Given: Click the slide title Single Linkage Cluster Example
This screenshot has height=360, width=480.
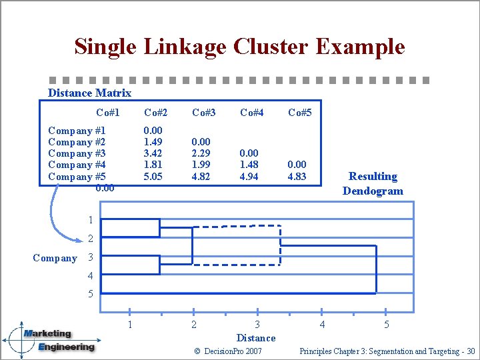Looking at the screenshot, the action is pyautogui.click(x=239, y=47).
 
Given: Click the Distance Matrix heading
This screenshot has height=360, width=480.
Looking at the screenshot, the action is pyautogui.click(x=89, y=93).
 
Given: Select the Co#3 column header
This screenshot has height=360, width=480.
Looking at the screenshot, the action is pyautogui.click(x=203, y=113).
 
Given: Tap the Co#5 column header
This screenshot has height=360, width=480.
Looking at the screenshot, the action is pyautogui.click(x=299, y=113).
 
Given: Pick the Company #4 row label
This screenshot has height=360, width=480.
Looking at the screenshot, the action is pyautogui.click(x=77, y=165).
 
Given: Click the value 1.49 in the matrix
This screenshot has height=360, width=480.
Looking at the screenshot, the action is pyautogui.click(x=153, y=142).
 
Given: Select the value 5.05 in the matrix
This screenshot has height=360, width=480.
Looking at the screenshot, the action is pyautogui.click(x=153, y=177).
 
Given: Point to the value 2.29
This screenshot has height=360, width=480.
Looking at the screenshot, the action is pyautogui.click(x=201, y=153).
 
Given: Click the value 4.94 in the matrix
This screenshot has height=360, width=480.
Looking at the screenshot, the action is pyautogui.click(x=249, y=177).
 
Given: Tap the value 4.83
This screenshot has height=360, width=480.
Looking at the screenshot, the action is pyautogui.click(x=297, y=177).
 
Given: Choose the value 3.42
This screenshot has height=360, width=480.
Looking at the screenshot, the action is pyautogui.click(x=153, y=153).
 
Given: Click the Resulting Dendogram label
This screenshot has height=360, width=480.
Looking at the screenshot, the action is pyautogui.click(x=373, y=183).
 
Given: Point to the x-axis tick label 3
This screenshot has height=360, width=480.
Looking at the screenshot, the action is pyautogui.click(x=257, y=325).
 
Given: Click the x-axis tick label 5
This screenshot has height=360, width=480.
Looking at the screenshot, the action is pyautogui.click(x=386, y=325).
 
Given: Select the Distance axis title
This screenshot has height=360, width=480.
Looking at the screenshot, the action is pyautogui.click(x=256, y=338).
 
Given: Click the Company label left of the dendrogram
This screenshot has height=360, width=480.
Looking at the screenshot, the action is pyautogui.click(x=55, y=258).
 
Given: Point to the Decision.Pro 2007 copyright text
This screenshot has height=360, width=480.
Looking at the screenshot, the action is pyautogui.click(x=228, y=351).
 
